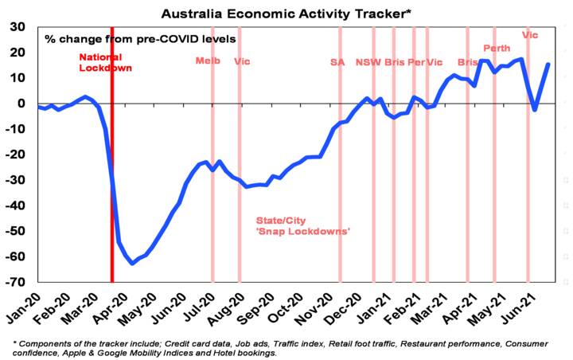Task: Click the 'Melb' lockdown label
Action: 208,61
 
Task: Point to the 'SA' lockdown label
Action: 337,61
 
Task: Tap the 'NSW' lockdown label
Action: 368,61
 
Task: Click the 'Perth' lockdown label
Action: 497,49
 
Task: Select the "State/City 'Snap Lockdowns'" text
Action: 303,225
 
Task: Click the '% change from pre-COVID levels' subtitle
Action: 140,38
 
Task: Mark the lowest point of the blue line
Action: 132,264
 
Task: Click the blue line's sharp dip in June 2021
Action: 535,110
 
